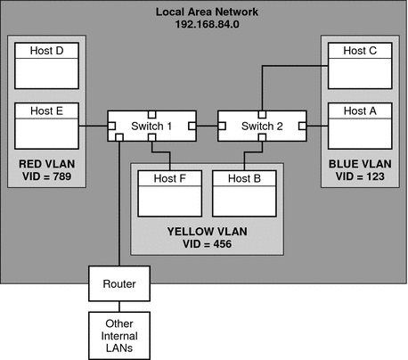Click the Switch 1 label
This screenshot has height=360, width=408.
(x=151, y=127)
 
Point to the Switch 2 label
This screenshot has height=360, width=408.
(x=261, y=127)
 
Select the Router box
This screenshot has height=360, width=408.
(x=118, y=284)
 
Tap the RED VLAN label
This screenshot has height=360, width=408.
(x=45, y=165)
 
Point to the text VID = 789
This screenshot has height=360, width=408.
(x=45, y=177)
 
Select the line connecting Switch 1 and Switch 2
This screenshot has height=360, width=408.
(x=207, y=127)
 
